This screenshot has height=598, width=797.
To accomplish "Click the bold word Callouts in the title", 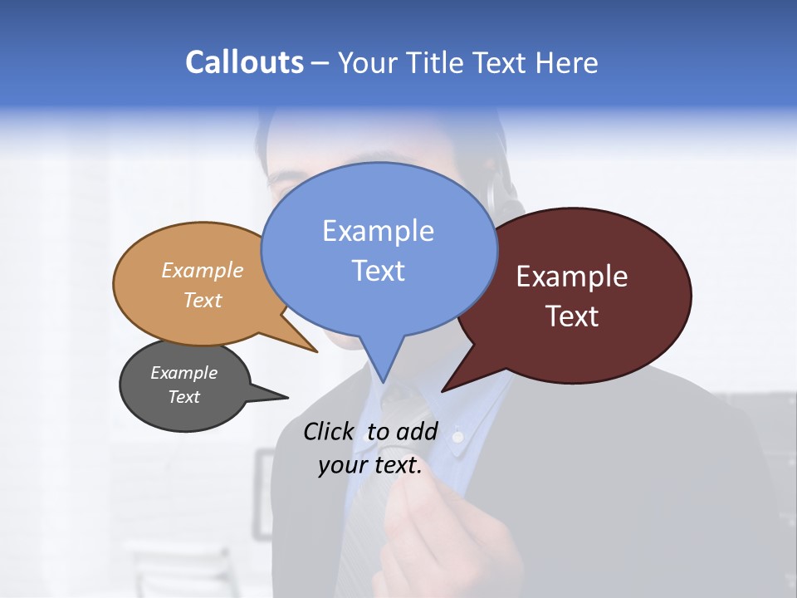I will pyautogui.click(x=245, y=62).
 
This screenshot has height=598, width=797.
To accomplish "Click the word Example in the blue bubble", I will pyautogui.click(x=378, y=231).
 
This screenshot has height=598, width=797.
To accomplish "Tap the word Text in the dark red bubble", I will pyautogui.click(x=573, y=316).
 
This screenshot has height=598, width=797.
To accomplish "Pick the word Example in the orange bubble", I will pyautogui.click(x=203, y=271).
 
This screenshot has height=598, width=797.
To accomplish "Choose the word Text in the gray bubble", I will pyautogui.click(x=184, y=397).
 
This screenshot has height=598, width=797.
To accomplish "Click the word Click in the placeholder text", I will pyautogui.click(x=330, y=432).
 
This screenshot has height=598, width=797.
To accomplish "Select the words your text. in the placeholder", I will pyautogui.click(x=370, y=466).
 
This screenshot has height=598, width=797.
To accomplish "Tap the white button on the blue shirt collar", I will pyautogui.click(x=457, y=434).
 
